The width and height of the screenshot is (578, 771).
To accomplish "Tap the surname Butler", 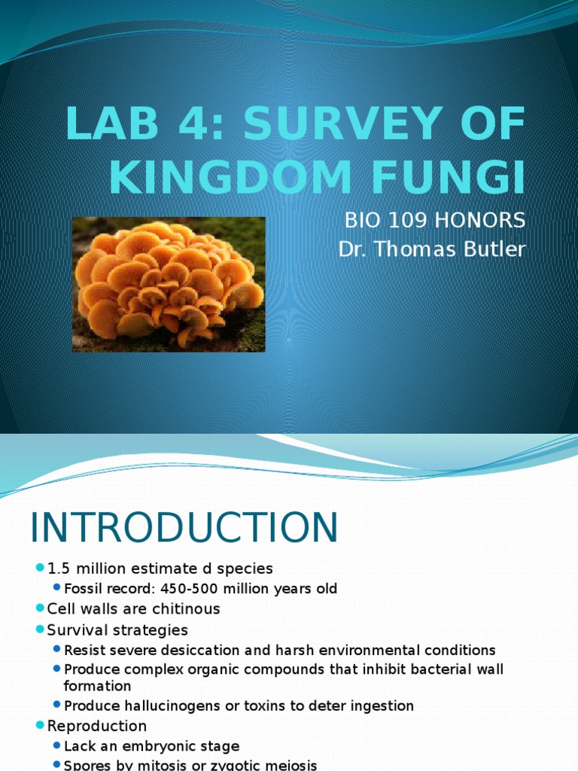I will (494, 249).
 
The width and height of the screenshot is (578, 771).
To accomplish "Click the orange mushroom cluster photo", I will (169, 285).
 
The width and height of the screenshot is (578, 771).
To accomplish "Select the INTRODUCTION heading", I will (184, 528).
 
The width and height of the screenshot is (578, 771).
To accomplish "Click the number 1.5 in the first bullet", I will (59, 568).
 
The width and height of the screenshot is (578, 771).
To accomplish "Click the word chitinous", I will (185, 608).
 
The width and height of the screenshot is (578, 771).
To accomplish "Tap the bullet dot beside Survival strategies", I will (41, 629).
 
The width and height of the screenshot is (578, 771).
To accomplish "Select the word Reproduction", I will (97, 726).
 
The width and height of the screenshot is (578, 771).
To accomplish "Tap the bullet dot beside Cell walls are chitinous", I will (41, 608).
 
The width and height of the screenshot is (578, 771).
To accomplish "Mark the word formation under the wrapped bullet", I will (98, 686).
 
